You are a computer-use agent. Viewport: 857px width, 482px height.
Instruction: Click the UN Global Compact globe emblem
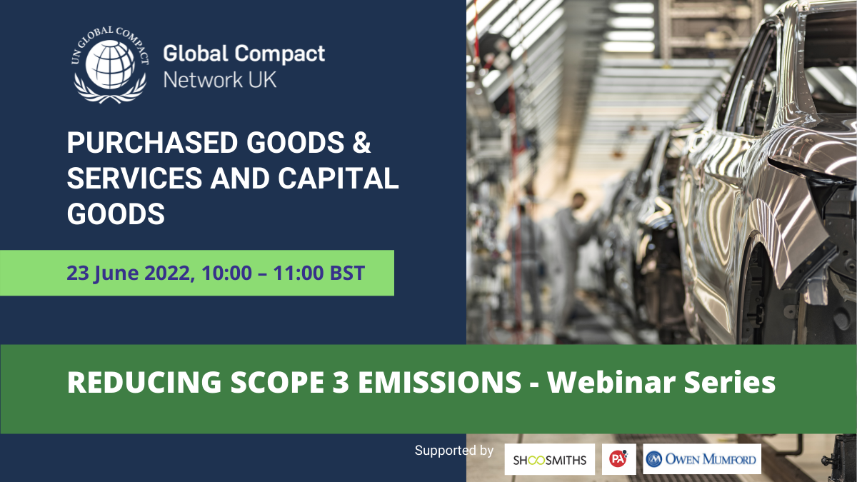click(x=110, y=64)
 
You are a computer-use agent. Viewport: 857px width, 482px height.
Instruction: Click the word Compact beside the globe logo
click(x=280, y=54)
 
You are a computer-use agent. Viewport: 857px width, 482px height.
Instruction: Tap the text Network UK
click(x=220, y=80)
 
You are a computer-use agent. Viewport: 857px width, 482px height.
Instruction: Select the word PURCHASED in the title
click(x=153, y=143)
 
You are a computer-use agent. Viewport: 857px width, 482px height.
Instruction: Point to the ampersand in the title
click(x=361, y=143)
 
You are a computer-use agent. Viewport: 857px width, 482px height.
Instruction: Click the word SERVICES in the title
click(x=135, y=179)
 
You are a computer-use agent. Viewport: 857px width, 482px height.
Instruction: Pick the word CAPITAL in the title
click(x=339, y=179)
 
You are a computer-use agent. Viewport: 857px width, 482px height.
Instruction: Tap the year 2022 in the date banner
click(x=167, y=273)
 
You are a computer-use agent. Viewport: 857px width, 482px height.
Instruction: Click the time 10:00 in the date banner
click(x=227, y=273)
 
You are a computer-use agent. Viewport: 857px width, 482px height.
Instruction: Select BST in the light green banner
click(x=347, y=273)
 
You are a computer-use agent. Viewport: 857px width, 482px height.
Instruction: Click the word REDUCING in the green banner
click(x=144, y=382)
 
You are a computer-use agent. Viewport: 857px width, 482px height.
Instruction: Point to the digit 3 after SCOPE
click(x=340, y=382)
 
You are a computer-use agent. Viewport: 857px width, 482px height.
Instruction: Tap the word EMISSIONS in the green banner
click(x=439, y=382)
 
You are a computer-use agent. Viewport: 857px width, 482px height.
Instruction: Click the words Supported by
click(x=454, y=451)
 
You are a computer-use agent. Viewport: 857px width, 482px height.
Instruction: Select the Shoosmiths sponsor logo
click(x=550, y=459)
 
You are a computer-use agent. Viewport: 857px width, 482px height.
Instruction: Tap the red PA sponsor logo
click(x=619, y=459)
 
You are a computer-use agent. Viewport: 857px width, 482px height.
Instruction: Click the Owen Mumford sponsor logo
click(x=702, y=459)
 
